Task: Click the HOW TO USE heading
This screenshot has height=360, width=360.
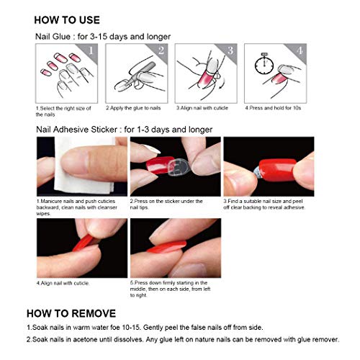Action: pyautogui.click(x=67, y=19)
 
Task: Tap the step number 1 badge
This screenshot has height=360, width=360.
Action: pyautogui.click(x=89, y=50)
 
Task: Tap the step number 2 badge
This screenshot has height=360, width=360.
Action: pyautogui.click(x=161, y=50)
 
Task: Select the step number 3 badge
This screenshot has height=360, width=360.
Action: pyautogui.click(x=229, y=50)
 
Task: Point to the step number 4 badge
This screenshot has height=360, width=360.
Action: pyautogui.click(x=297, y=50)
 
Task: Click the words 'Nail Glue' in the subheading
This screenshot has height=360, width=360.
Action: pyautogui.click(x=53, y=35)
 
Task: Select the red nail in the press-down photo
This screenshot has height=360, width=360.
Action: pyautogui.click(x=169, y=248)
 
